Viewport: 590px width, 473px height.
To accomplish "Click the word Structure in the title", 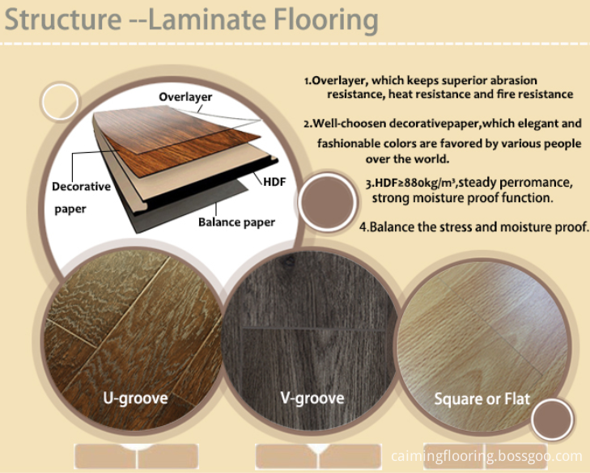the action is tap(63, 19).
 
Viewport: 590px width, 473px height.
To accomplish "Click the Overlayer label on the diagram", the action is tap(185, 97).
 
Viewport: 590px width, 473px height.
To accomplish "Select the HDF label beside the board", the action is tap(274, 182).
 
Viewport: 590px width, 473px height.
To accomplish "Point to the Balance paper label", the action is tap(236, 222).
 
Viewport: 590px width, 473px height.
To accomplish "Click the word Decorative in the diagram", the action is tap(81, 187).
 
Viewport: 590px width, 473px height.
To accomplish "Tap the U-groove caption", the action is tap(135, 398).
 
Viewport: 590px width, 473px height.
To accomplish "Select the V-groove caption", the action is tap(312, 398).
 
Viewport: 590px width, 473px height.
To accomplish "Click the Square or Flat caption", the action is tap(482, 399).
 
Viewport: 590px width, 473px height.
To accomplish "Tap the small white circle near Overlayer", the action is tap(60, 102).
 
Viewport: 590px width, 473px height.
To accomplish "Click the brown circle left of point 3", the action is tap(328, 201).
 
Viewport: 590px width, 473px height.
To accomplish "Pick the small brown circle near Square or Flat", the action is tap(552, 420).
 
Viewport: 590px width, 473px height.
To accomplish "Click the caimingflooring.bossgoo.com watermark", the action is tap(486, 456).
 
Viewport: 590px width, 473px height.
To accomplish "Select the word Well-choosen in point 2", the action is tap(350, 124).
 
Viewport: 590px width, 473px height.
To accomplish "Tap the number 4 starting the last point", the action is tap(363, 227).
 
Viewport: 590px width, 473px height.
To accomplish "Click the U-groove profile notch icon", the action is tap(137, 456).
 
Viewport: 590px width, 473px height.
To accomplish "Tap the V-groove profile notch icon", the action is tap(318, 456).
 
